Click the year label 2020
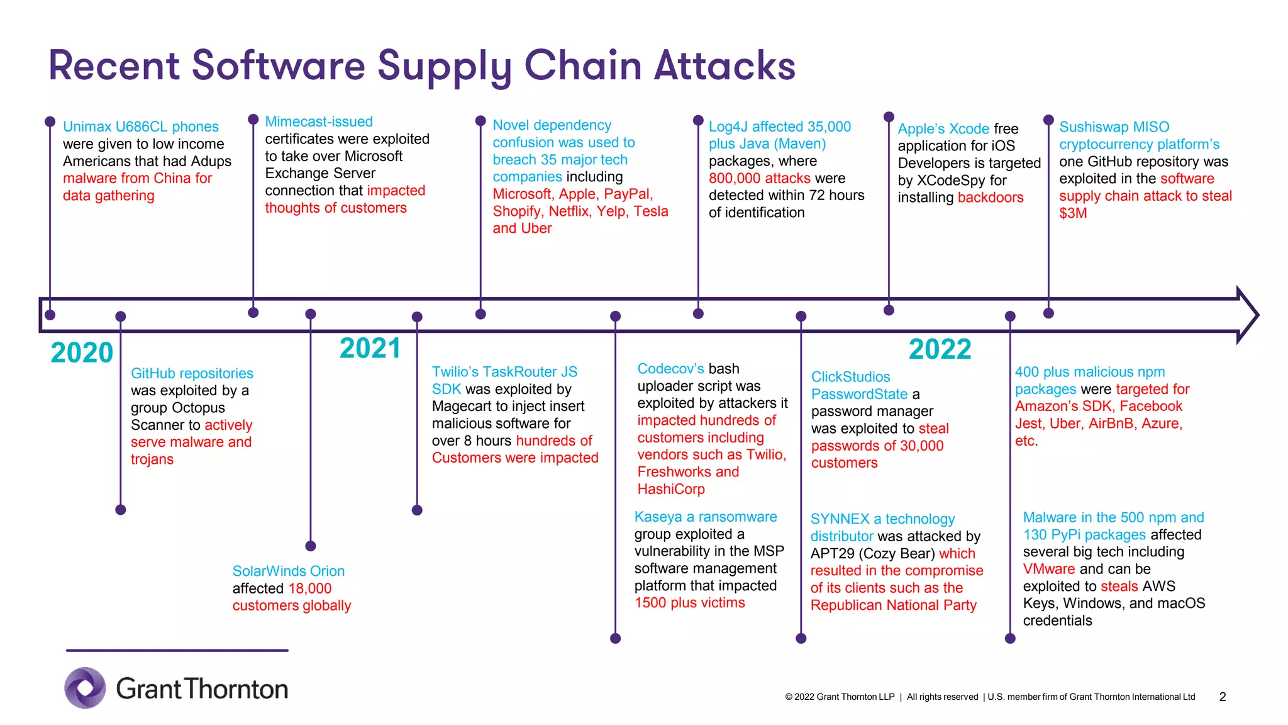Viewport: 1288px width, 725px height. [x=82, y=352]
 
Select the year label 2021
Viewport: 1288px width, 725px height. [x=370, y=349]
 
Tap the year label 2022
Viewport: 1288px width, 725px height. [x=940, y=349]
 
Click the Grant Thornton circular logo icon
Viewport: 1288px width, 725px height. [x=85, y=688]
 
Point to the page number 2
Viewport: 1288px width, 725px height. [x=1223, y=697]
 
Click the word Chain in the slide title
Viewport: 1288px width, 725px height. [x=584, y=65]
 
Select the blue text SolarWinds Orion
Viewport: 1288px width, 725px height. [x=288, y=571]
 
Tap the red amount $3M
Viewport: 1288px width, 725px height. [x=1073, y=213]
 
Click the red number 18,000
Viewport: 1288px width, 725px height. [x=309, y=588]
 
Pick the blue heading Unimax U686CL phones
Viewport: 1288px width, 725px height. [x=141, y=126]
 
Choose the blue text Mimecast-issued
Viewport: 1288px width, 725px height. [x=319, y=121]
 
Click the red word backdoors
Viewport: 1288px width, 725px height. [x=991, y=198]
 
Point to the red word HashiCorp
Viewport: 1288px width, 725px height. [x=671, y=489]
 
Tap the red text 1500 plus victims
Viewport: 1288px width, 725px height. [x=689, y=603]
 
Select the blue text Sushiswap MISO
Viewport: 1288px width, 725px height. [x=1114, y=126]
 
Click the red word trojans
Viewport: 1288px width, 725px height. [x=152, y=459]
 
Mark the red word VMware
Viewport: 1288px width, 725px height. [x=1048, y=569]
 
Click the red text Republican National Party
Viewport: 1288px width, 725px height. [x=893, y=605]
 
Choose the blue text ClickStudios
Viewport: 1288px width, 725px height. [x=850, y=377]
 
